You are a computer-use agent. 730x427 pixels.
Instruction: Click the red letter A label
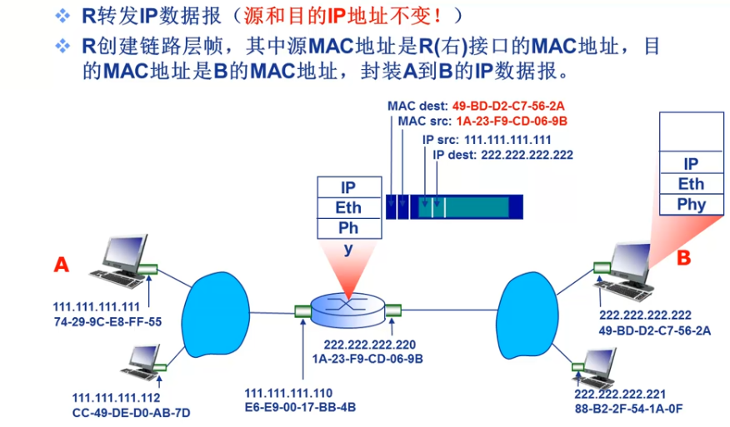61,265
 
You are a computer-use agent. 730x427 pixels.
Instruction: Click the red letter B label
683,258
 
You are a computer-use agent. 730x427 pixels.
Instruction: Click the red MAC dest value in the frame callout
508,107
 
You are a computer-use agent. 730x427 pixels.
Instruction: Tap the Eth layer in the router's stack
349,207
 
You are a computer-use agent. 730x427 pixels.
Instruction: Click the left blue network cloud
219,309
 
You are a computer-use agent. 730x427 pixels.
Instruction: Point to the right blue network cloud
532,309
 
